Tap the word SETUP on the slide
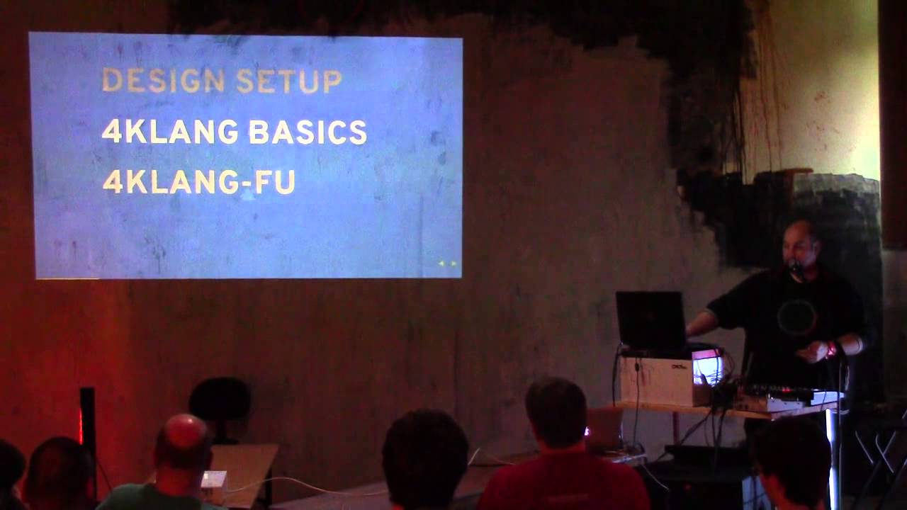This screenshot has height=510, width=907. coord(289,81)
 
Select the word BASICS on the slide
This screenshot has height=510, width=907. coord(308,132)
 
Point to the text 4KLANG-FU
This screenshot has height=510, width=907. coord(199,182)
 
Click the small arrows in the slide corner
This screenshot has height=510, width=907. coord(447,263)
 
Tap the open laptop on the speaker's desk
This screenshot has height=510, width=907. coord(652,322)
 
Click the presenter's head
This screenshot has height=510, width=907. coord(801,245)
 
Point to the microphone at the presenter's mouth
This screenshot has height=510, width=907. coord(795,267)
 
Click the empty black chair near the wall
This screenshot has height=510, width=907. coord(220,407)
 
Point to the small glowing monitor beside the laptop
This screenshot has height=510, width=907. coord(707,368)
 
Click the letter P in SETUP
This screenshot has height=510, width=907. coord(332,81)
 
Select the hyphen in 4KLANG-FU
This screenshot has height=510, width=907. coord(247,183)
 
